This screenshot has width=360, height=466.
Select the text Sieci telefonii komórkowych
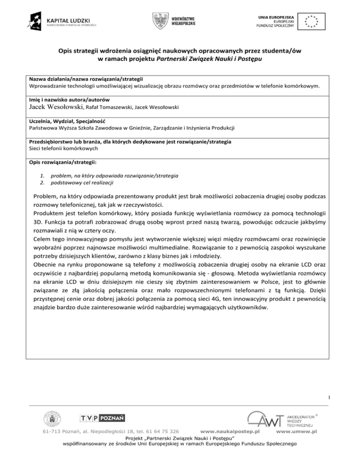click(x=63, y=148)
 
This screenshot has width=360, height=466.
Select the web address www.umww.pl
click(x=297, y=431)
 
